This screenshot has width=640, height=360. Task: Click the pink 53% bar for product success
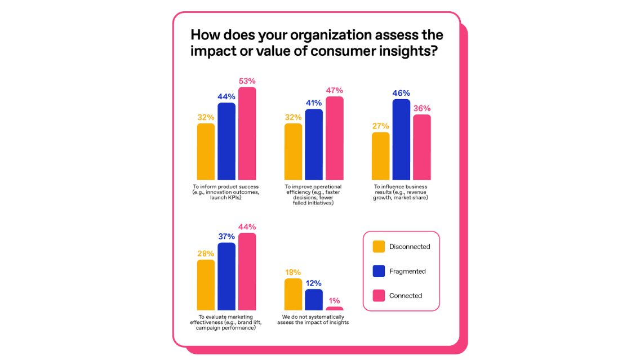tap(247, 134)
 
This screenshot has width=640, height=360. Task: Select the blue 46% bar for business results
tap(401, 140)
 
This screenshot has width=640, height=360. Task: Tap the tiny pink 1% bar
tap(334, 308)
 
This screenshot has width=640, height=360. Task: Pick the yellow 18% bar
tap(293, 294)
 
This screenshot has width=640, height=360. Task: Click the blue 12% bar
tap(314, 300)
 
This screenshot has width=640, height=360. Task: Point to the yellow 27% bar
tap(381, 156)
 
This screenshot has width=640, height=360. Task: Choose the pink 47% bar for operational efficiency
tap(334, 138)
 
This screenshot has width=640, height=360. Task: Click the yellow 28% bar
tap(206, 285)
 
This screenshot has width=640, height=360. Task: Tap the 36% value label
tap(422, 108)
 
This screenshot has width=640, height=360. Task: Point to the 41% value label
tap(314, 103)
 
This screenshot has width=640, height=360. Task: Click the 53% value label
tap(247, 81)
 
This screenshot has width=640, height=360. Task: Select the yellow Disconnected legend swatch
tap(379, 247)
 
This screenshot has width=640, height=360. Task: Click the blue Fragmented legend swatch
tap(379, 271)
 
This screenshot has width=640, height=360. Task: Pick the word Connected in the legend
tap(405, 296)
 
